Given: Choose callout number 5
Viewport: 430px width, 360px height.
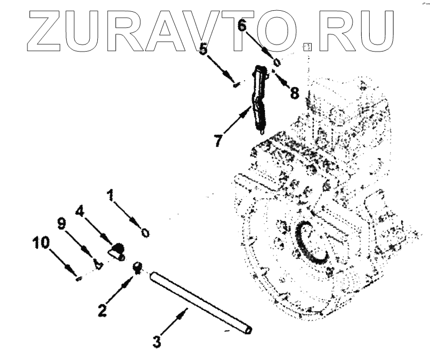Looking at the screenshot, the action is pos(204,50).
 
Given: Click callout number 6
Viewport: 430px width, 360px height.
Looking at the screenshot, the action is pos(242,25).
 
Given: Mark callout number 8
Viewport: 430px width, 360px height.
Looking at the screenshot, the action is pos(294,92).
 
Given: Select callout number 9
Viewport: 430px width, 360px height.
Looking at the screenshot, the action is pos(62,224).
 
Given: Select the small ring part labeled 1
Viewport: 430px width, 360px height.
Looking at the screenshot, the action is pos(145,233).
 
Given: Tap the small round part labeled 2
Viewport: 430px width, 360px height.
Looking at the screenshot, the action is pos(137,267).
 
